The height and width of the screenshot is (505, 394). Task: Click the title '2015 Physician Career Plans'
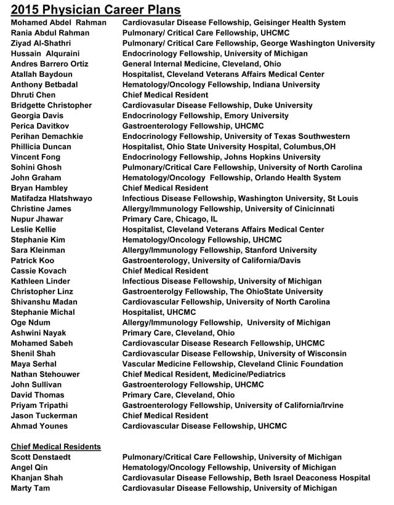coord(96,9)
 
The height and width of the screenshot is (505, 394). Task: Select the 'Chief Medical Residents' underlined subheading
coord(56,447)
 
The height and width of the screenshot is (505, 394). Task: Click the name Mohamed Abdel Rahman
coord(58,23)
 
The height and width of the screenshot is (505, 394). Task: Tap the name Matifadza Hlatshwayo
coord(51,199)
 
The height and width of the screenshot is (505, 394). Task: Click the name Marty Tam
coord(31,488)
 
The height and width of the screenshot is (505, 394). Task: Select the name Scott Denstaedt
coord(41,458)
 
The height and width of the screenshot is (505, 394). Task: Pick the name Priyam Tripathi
coord(39,405)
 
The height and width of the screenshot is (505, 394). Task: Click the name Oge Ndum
coord(31,322)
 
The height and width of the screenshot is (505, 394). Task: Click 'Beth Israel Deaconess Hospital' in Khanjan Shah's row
coord(315,478)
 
